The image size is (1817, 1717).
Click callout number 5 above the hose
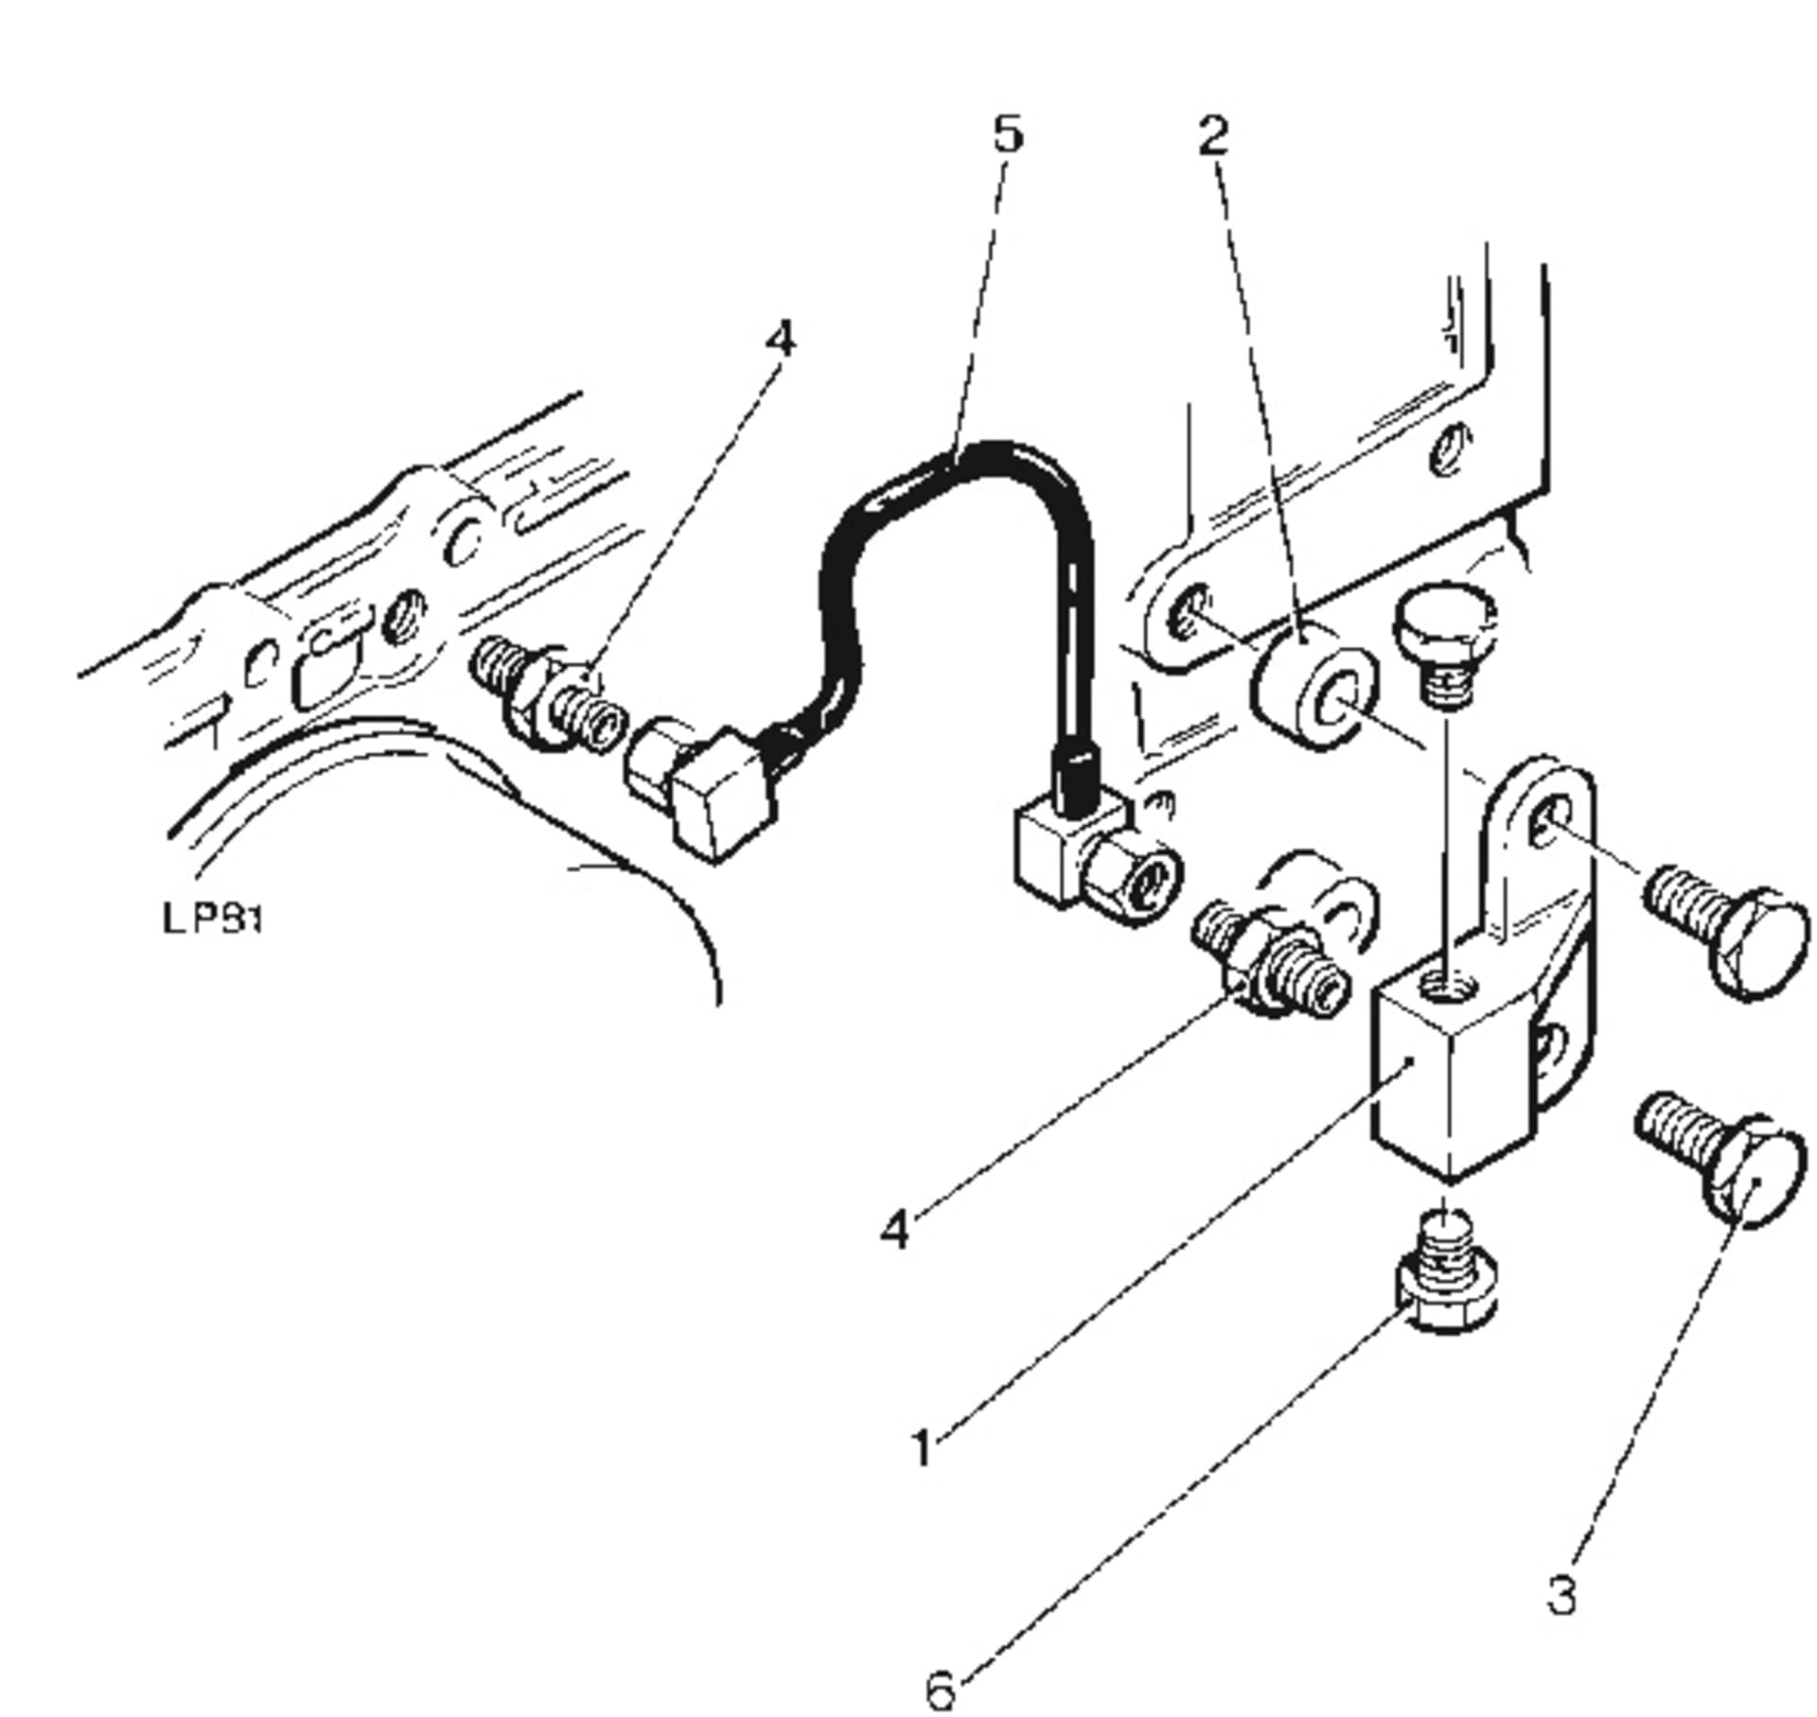[1009, 135]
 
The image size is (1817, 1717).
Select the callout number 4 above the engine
[781, 339]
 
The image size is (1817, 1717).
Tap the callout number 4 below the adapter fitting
[894, 1231]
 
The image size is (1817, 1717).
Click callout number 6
[940, 1691]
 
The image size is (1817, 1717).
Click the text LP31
[212, 919]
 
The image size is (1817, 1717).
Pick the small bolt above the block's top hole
[1443, 653]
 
